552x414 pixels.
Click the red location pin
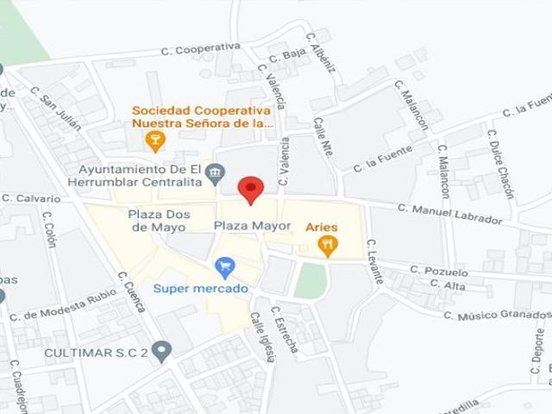tap(250, 189)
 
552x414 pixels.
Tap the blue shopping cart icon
tap(226, 267)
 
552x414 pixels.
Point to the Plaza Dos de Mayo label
tap(153, 221)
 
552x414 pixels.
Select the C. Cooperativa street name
tap(200, 50)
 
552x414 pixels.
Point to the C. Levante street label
tap(373, 262)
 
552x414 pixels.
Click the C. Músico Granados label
tap(495, 315)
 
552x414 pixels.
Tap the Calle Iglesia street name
tap(261, 336)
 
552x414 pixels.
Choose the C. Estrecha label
tap(284, 329)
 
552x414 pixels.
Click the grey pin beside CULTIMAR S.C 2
tap(162, 350)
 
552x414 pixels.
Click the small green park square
tap(310, 280)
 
